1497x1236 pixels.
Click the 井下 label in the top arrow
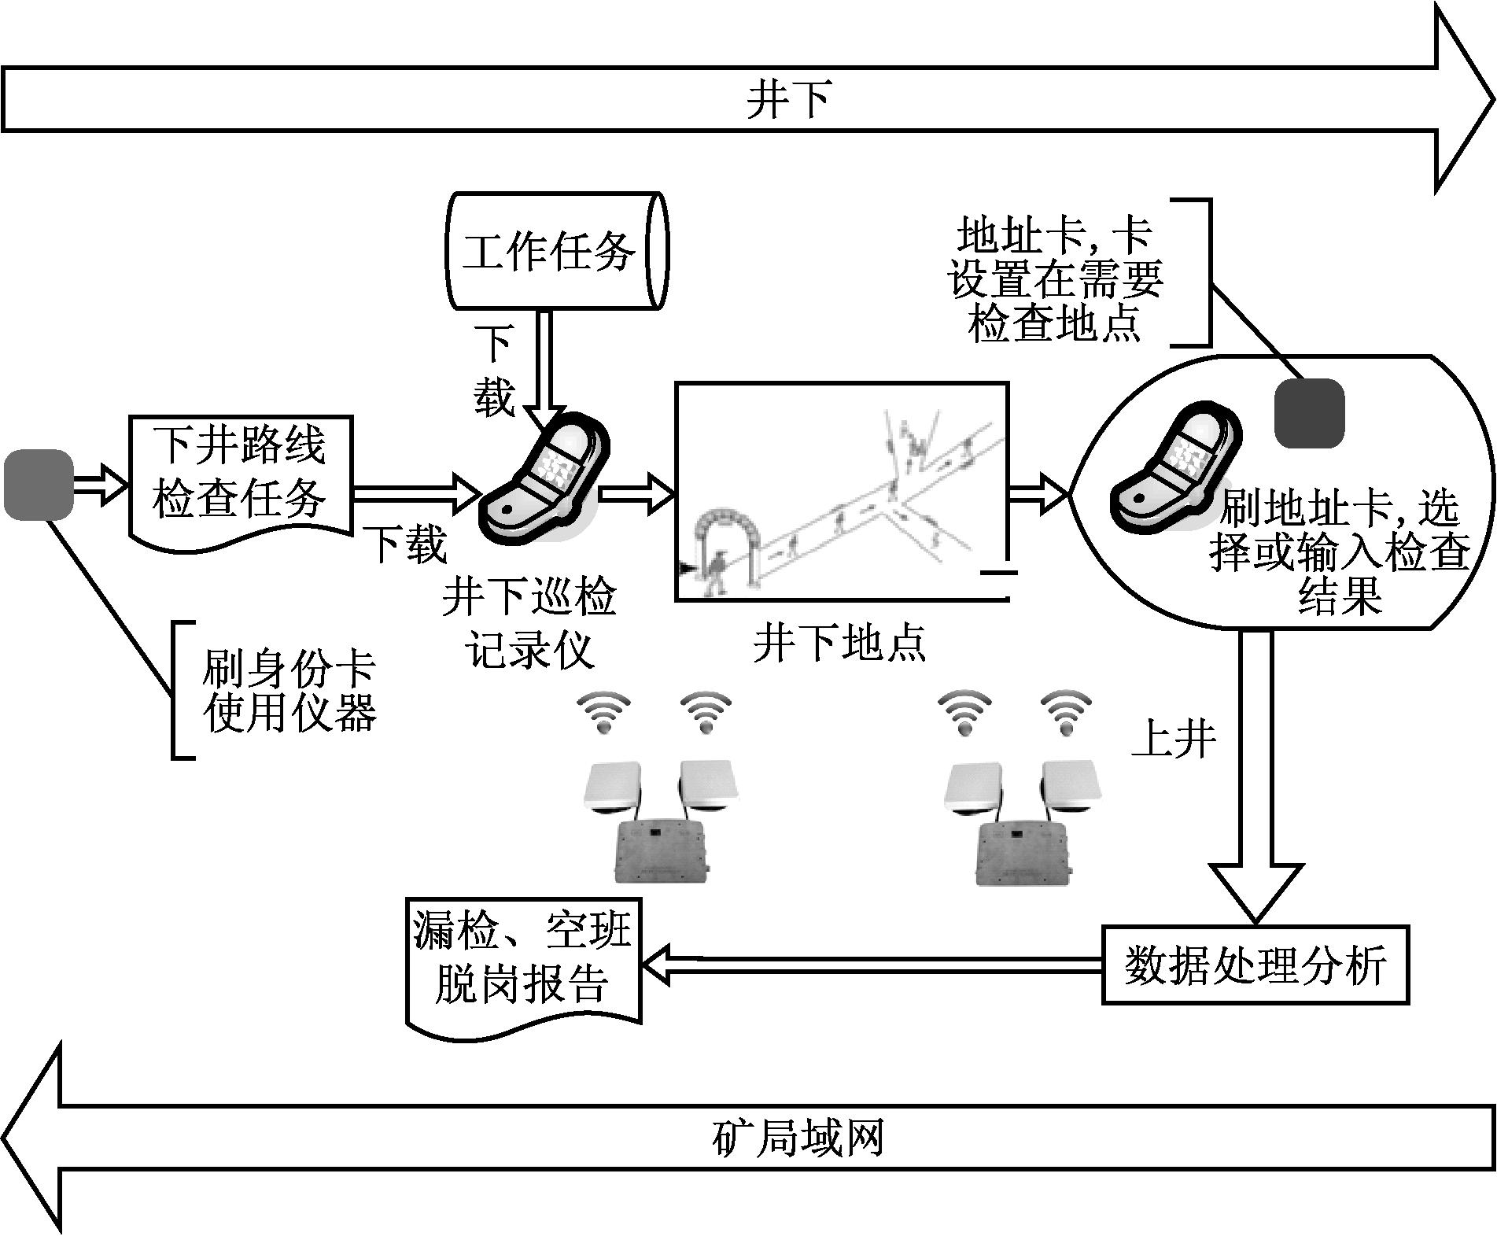click(x=787, y=101)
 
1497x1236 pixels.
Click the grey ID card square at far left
click(x=39, y=485)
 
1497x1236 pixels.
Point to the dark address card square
click(x=1308, y=413)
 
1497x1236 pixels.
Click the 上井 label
click(x=1173, y=740)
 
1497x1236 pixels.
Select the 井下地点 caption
click(x=839, y=642)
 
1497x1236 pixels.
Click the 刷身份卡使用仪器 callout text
click(x=289, y=690)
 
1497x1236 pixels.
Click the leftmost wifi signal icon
click(x=603, y=712)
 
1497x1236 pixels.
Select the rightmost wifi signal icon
click(x=1067, y=712)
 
